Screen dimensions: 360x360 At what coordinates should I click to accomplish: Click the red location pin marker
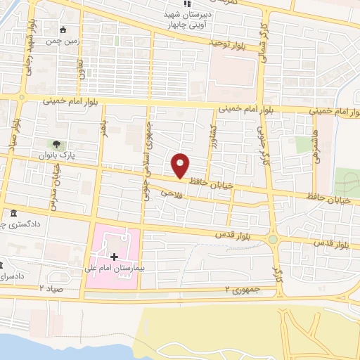[181, 165]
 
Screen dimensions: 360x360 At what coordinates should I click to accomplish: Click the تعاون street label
[80, 67]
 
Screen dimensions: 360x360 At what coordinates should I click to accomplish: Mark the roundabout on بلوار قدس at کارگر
[273, 240]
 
